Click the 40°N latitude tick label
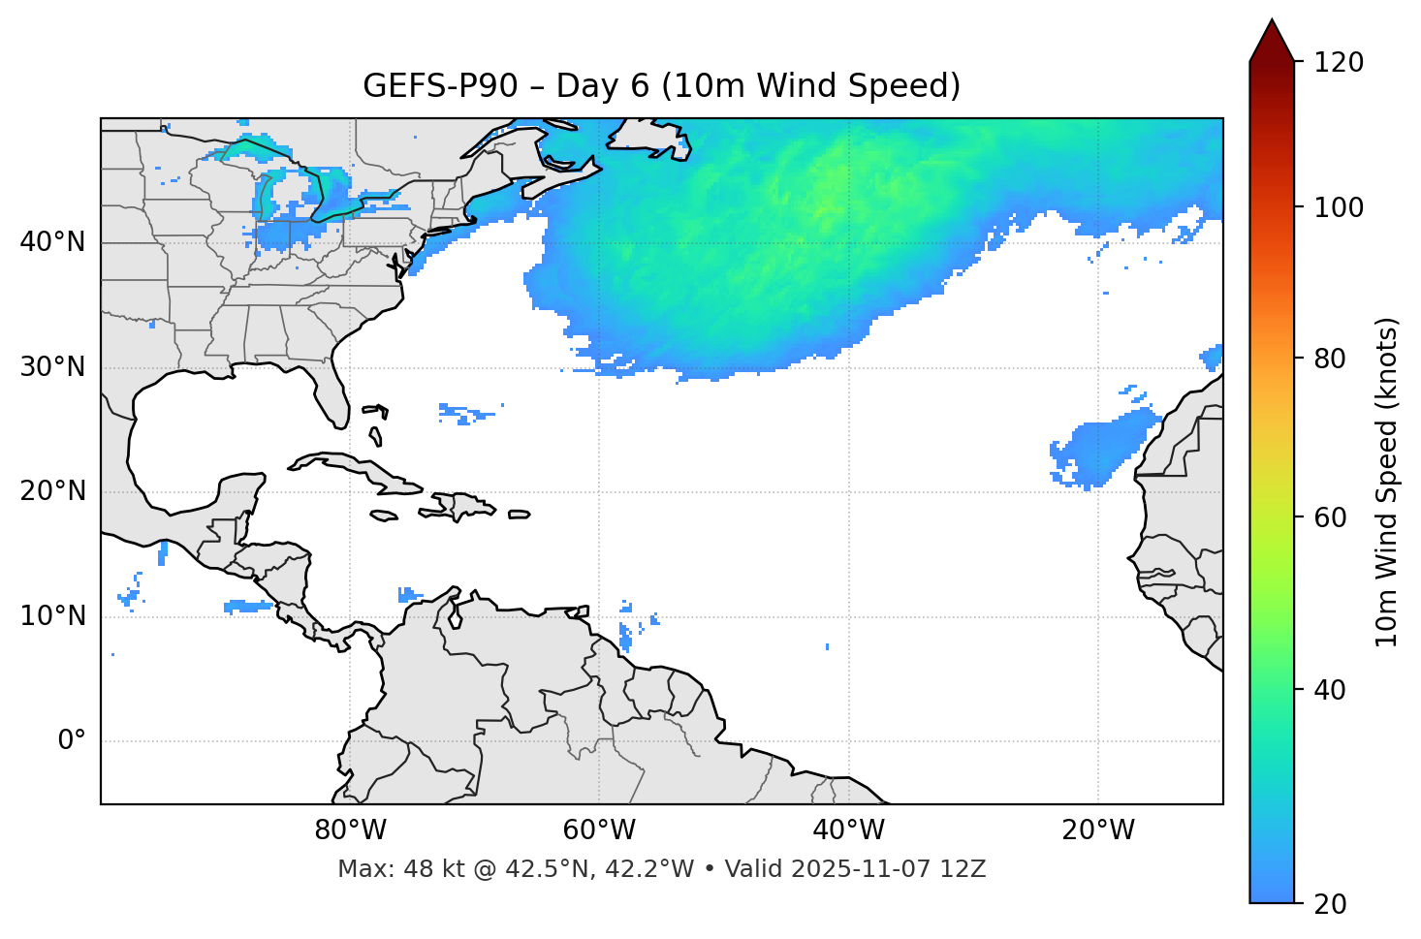click(52, 242)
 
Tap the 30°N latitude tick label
click(52, 367)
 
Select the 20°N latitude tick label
click(52, 491)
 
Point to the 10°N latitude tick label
click(52, 616)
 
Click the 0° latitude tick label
click(72, 741)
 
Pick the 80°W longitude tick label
click(350, 830)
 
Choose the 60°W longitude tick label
click(599, 830)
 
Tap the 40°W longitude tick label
click(849, 830)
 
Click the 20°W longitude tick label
click(1098, 830)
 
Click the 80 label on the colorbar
click(1335, 359)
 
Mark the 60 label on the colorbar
click(1335, 517)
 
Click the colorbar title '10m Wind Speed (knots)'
click(1387, 483)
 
